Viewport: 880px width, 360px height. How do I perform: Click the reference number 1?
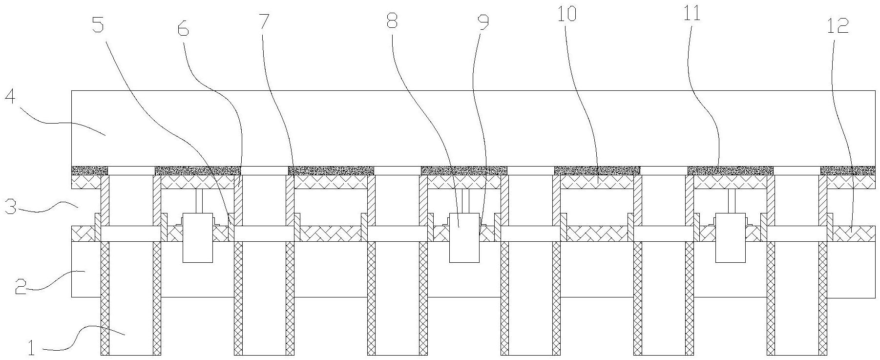(32, 348)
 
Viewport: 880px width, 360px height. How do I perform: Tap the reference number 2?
(20, 287)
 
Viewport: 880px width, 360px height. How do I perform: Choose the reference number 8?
(392, 21)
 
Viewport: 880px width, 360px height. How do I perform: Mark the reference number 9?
(483, 22)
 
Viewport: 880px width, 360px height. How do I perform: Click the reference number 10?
(567, 15)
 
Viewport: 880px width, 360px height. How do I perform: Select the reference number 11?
(692, 14)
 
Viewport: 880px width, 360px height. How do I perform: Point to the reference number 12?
(838, 26)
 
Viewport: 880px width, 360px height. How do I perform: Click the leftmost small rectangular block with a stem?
(197, 237)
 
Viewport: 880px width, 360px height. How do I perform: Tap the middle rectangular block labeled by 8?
(464, 237)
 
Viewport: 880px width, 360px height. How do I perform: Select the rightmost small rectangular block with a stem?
(731, 237)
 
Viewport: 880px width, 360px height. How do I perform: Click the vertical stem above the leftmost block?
(198, 201)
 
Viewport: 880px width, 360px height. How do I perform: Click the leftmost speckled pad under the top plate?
(90, 170)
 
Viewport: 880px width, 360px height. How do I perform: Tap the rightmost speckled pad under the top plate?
(848, 170)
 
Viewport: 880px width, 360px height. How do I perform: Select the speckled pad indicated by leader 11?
(730, 170)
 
